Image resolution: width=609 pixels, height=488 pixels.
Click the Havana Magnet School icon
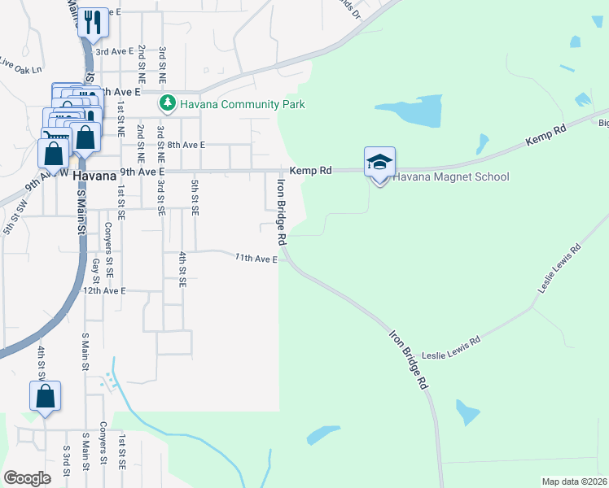pyautogui.click(x=379, y=162)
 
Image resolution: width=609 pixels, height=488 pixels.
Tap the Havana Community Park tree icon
pyautogui.click(x=167, y=104)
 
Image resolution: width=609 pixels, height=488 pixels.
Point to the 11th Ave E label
pyautogui.click(x=256, y=259)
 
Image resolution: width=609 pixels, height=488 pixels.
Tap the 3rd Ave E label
pyautogui.click(x=118, y=51)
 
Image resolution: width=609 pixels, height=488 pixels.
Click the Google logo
pyautogui.click(x=28, y=477)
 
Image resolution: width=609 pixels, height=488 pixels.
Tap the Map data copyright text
pyautogui.click(x=573, y=481)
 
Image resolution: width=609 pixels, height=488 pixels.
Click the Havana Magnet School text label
pyautogui.click(x=451, y=177)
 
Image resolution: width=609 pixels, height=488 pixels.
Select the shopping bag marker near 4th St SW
pyautogui.click(x=46, y=397)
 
